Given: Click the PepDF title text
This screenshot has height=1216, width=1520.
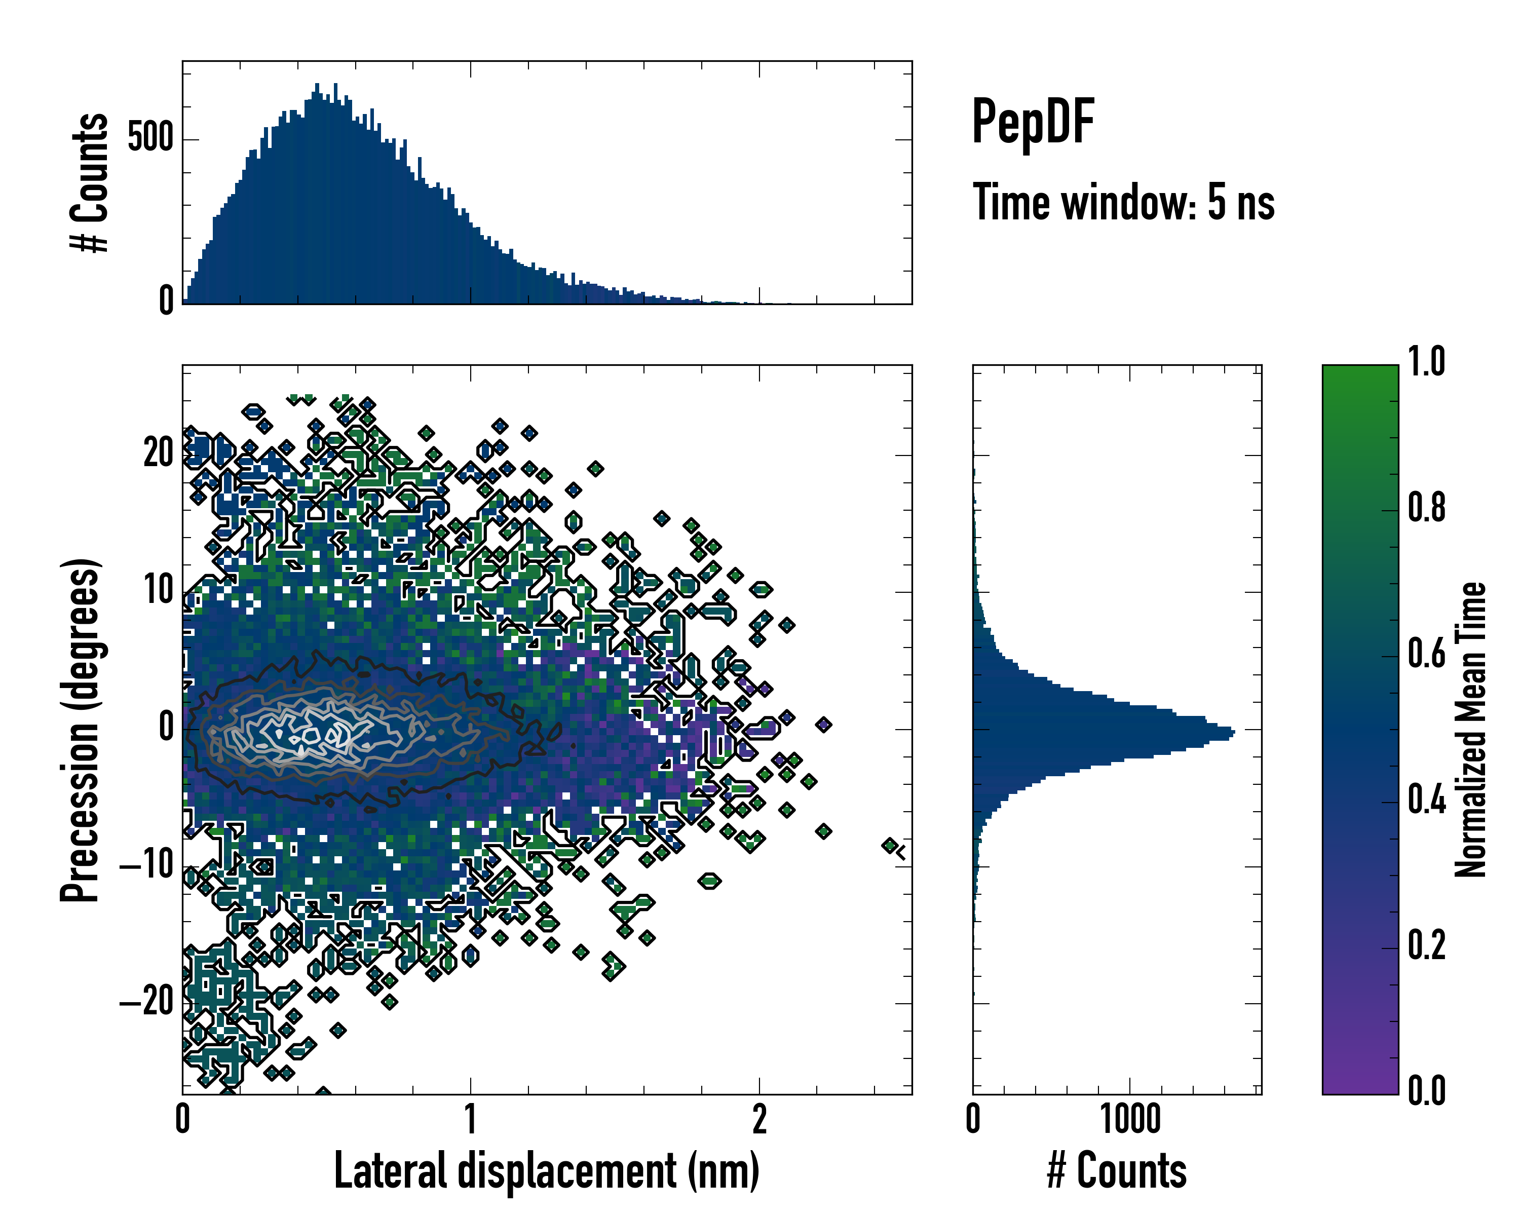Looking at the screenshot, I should pos(1032,122).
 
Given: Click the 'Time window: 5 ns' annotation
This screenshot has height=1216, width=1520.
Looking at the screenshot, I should pos(1123,202).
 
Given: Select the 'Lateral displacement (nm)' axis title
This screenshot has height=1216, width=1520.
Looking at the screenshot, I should pos(546,1170).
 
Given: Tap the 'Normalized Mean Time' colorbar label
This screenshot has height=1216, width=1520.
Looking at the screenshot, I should pos(1471,730).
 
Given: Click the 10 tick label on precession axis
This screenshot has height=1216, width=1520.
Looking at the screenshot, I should pos(159,590).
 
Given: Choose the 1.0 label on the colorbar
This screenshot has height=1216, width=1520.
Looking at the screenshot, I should pos(1426,362).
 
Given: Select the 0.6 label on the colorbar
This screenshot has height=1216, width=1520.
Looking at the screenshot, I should pos(1426,654).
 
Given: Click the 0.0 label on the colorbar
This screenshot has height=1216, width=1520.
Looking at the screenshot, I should pos(1426,1090).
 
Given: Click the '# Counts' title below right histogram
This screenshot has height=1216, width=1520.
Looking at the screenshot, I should pos(1117,1170).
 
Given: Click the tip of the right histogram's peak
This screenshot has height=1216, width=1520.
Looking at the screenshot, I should pos(1234,733).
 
